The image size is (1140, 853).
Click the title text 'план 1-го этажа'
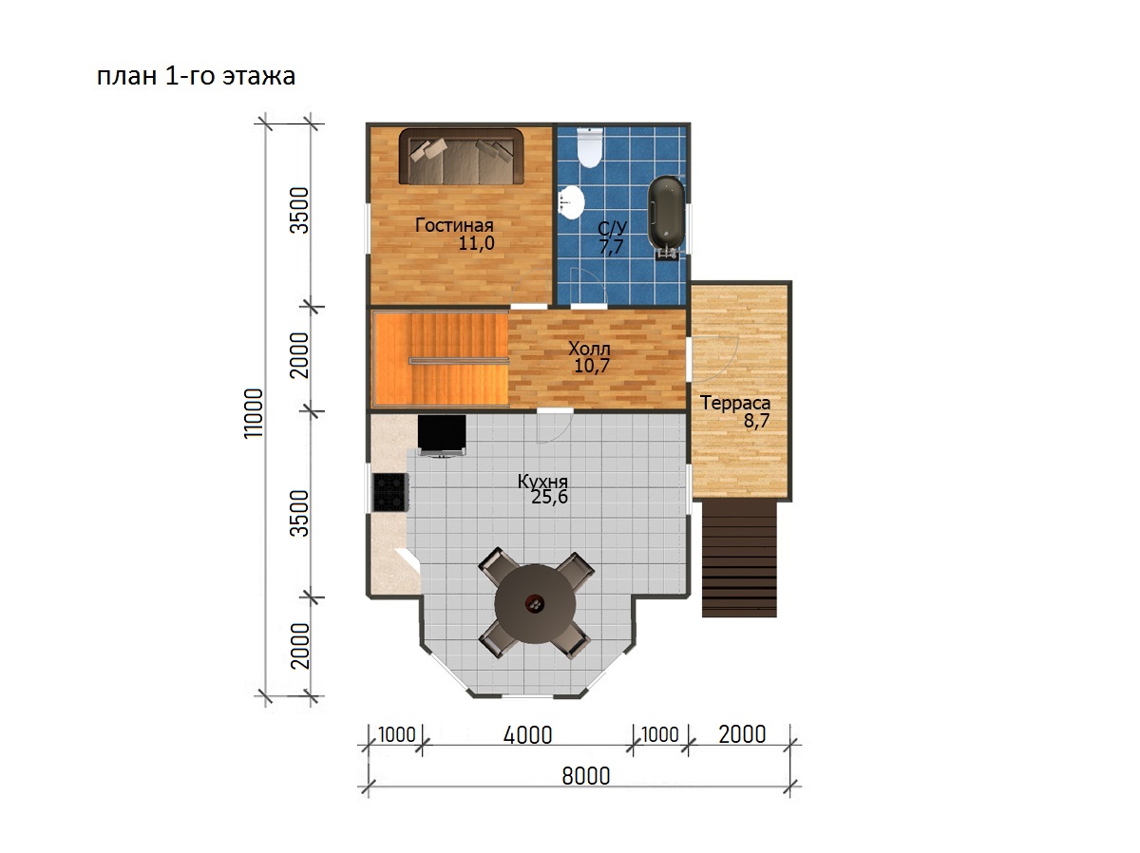click(x=196, y=76)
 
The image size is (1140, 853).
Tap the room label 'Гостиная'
click(x=454, y=225)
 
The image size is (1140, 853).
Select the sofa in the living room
click(x=461, y=157)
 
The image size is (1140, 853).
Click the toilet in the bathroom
click(x=589, y=148)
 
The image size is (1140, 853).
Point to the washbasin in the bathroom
click(x=571, y=201)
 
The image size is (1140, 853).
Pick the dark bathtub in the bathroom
click(x=666, y=218)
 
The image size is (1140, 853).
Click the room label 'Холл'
click(x=589, y=348)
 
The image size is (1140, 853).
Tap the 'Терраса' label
click(x=735, y=403)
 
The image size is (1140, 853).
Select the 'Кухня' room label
click(x=542, y=482)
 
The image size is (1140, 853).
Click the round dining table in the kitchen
click(x=535, y=604)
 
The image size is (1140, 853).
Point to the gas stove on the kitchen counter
click(x=390, y=492)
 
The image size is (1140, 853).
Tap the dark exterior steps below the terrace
click(x=739, y=559)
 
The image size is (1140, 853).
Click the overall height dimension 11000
click(x=254, y=413)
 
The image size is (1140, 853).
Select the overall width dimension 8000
click(x=586, y=776)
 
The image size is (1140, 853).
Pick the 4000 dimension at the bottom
click(x=527, y=735)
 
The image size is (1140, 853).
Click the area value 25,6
click(x=549, y=497)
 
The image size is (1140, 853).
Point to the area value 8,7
click(x=756, y=421)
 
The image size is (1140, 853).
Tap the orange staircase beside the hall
click(x=441, y=358)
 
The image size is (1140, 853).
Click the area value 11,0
click(x=476, y=242)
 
